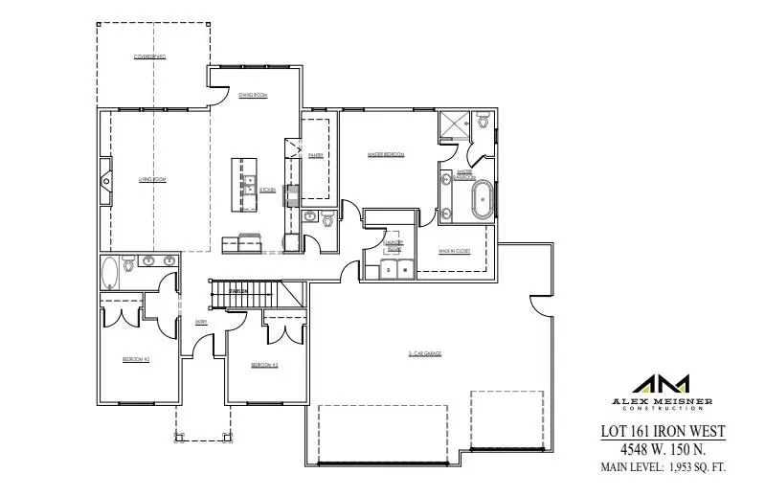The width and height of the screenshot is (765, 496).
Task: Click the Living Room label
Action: coord(146,179)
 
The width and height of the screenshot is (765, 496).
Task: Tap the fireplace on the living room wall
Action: coord(106,178)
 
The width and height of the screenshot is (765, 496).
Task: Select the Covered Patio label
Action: coord(149,57)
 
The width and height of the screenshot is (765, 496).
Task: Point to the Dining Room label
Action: coord(253,95)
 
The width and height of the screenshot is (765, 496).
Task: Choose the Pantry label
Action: coord(315,154)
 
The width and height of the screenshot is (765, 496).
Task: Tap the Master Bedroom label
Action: coord(386,154)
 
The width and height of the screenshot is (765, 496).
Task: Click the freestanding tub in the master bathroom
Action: coord(482,201)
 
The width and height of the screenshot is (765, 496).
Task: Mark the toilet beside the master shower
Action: coord(484,123)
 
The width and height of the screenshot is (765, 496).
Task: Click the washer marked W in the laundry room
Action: coord(405,270)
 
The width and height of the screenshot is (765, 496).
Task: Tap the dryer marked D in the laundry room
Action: coord(389,270)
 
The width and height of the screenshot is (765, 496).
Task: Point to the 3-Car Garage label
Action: coord(425,353)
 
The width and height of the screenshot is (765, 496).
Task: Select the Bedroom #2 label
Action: coord(135,359)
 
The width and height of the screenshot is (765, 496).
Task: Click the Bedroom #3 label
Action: coord(264,366)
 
